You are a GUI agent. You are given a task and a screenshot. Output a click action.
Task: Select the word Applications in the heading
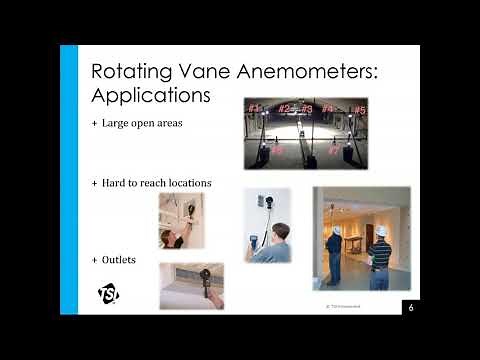pos(150,96)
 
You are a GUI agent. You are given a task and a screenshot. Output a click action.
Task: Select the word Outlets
pos(119,259)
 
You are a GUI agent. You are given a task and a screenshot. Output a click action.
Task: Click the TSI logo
pos(108,293)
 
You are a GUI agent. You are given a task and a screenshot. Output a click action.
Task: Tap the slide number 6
pos(410,307)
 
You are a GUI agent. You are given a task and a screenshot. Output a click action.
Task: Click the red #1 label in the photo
pos(253,108)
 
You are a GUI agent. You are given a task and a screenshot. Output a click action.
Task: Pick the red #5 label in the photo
pos(359,110)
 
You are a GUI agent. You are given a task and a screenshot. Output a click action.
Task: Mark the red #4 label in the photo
pos(327,108)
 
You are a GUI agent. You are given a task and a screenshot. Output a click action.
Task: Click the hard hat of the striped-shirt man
pos(381,228)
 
